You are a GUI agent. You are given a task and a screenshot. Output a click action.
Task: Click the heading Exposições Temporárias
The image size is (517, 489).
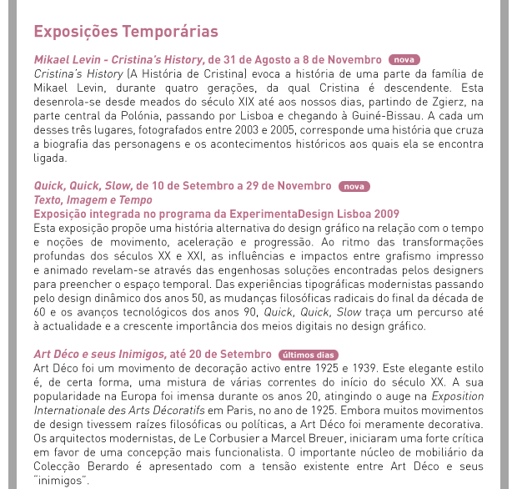coord(125,32)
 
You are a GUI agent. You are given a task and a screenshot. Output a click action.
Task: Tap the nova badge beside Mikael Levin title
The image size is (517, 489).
coord(404,60)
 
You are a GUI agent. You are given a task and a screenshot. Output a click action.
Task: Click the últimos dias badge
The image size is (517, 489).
coord(309,355)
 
